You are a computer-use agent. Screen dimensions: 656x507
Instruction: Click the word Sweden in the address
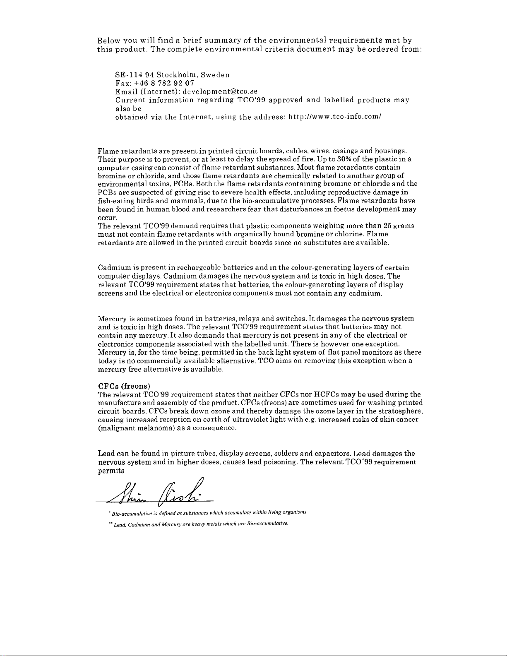pyautogui.click(x=215, y=75)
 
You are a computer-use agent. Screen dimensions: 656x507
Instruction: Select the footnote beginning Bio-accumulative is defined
pyautogui.click(x=207, y=513)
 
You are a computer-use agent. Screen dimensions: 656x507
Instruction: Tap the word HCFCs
pyautogui.click(x=327, y=394)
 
